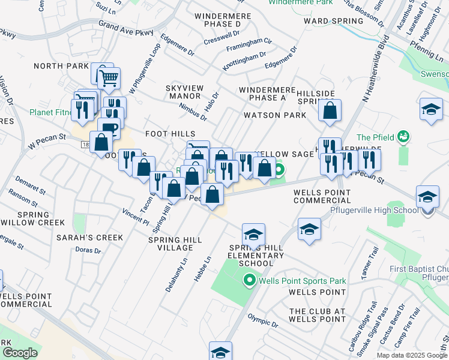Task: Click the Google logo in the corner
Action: click(20, 353)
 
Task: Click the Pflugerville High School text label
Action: click(374, 211)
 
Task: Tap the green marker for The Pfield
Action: click(403, 137)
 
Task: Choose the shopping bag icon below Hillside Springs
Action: click(330, 111)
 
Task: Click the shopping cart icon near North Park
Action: click(109, 78)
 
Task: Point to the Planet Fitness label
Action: click(52, 112)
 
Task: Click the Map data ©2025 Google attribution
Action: click(412, 355)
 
